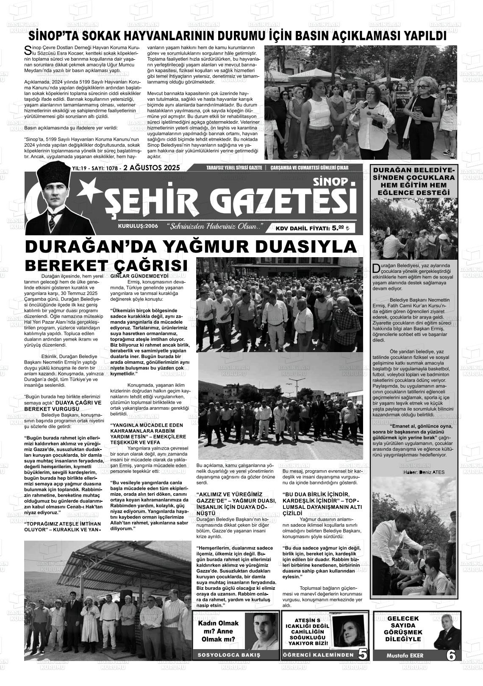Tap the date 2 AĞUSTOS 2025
pos(151,168)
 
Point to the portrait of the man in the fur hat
pos(53,199)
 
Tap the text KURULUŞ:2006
pos(138,226)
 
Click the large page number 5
pos(363,654)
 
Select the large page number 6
pos(451,655)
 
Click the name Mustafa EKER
pos(405,655)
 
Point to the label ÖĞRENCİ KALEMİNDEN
pos(318,655)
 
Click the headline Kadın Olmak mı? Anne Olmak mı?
pos(218,631)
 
